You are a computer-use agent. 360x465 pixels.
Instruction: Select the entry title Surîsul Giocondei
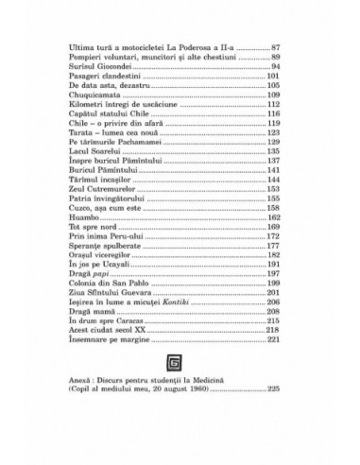point(101,67)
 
